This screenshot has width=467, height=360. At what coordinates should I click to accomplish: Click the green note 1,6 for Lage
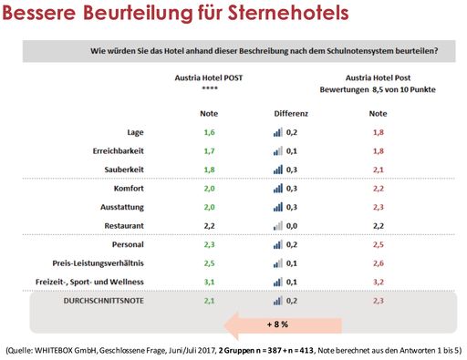[209, 132]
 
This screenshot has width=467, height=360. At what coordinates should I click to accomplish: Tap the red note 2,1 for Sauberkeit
[377, 169]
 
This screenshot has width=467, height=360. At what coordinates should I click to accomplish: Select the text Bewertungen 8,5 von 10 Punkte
[377, 90]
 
